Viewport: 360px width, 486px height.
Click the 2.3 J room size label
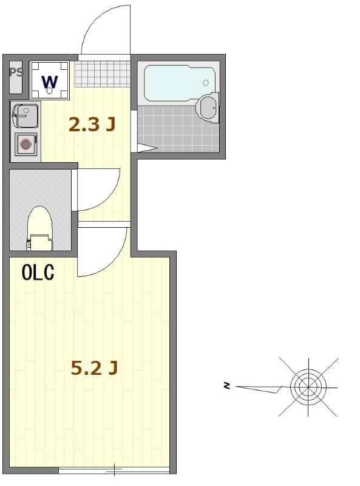[92, 125]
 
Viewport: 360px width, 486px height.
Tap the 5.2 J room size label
[94, 368]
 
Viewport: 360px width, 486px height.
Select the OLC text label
[38, 273]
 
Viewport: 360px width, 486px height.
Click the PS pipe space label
[16, 73]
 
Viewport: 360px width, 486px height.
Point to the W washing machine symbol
[50, 80]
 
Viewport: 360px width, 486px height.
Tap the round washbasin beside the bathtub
[208, 108]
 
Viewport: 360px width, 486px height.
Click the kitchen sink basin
[25, 115]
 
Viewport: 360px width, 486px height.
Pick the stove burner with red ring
[25, 144]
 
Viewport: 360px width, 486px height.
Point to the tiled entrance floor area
[103, 74]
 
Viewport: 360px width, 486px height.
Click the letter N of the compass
[226, 385]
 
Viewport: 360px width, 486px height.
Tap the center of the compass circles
[308, 385]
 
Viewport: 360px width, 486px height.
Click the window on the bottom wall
[114, 470]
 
